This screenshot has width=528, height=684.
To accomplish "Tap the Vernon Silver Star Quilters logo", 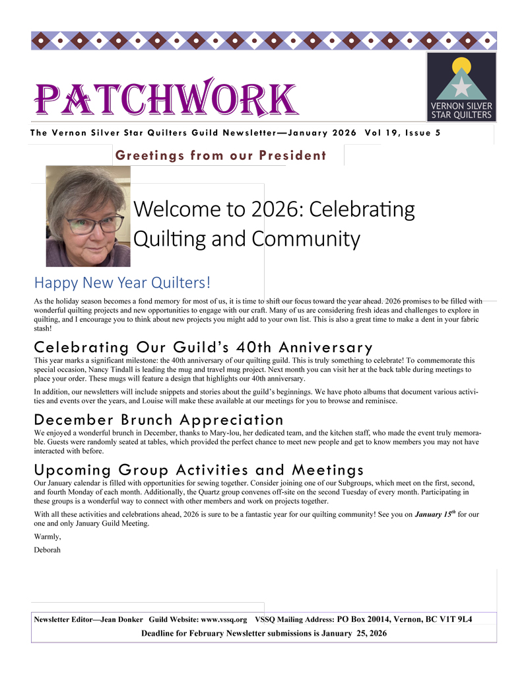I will tap(461, 87).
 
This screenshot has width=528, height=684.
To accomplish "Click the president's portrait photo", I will tap(88, 216).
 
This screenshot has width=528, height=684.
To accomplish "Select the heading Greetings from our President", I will tap(220, 156).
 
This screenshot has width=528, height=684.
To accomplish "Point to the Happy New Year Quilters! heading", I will tap(122, 283).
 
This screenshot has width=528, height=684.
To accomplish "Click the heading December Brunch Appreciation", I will tap(158, 420).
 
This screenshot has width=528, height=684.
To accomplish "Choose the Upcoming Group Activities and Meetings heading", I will tap(199, 470).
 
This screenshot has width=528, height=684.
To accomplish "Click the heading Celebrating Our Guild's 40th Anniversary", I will tap(203, 347).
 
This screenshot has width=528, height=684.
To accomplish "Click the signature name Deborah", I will tap(48, 550).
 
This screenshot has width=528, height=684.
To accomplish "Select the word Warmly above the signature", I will tap(48, 537).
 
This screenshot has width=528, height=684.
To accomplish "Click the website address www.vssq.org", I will tap(224, 620).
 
